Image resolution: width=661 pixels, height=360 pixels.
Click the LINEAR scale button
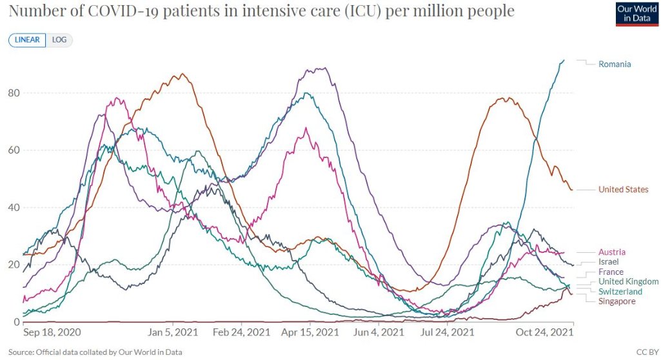26,40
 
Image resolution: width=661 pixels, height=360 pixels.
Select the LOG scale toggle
59,40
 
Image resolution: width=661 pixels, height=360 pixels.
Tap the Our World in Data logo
636,14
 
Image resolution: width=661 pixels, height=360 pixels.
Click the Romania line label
615,64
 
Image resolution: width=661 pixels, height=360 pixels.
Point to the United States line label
623,189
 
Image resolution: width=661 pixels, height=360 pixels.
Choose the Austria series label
612,252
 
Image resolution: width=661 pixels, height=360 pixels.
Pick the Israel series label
609,262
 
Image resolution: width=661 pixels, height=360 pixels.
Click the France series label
611,272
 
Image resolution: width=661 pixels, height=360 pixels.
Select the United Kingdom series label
628,281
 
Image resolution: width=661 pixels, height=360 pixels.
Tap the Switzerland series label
619,292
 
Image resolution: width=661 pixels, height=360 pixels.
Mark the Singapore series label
617,301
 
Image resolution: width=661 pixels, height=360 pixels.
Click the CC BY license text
647,352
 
